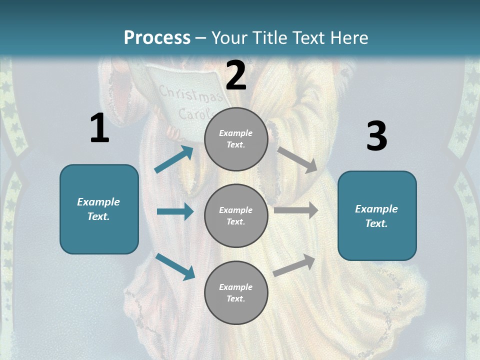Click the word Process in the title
point(157,37)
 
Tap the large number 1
point(99,128)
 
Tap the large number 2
point(236,75)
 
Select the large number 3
point(376,136)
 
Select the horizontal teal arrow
point(175,211)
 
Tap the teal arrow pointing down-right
point(175,266)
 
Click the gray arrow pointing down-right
point(297,159)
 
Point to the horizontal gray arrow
point(296,210)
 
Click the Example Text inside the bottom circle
point(236,292)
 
